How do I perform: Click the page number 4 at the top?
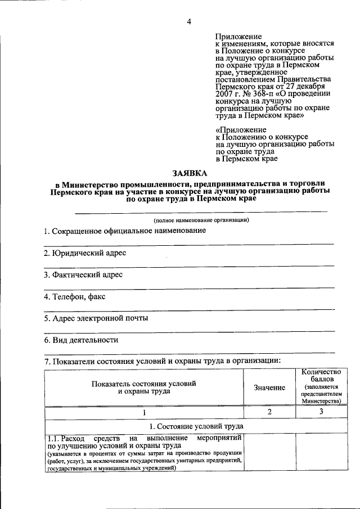click(190, 22)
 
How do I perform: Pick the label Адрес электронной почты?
click(96, 318)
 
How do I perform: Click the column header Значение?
click(269, 388)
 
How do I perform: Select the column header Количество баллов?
click(321, 376)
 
